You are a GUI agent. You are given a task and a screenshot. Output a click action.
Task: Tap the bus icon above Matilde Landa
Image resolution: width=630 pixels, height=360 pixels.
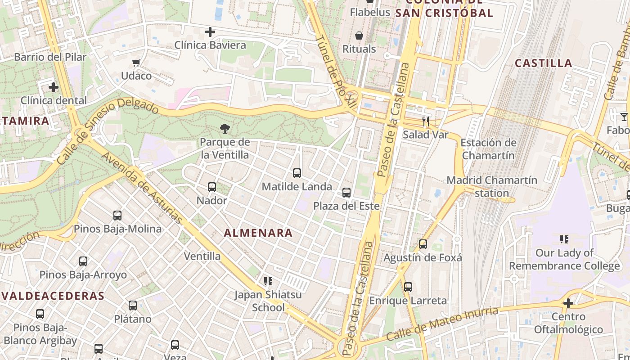click(297, 173)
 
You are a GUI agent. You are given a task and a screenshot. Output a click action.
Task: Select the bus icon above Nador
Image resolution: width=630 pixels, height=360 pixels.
click(212, 187)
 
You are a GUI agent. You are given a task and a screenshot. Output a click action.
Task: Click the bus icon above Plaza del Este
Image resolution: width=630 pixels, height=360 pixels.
click(346, 193)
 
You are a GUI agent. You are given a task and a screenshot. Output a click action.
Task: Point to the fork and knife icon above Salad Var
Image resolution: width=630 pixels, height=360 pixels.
click(425, 121)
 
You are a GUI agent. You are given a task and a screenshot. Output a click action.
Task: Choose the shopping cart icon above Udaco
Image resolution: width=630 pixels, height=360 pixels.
click(136, 63)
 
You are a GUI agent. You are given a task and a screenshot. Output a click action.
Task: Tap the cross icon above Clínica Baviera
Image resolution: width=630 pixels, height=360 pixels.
click(210, 32)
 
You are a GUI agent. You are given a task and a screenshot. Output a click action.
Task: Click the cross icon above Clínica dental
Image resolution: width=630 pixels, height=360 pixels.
click(54, 87)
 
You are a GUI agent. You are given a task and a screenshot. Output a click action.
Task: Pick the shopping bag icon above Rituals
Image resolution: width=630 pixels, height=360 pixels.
click(359, 35)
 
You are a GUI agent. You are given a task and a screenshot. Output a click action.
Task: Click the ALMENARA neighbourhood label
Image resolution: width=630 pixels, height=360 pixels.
click(258, 233)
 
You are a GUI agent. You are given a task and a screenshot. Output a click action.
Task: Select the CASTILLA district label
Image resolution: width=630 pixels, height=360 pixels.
click(543, 63)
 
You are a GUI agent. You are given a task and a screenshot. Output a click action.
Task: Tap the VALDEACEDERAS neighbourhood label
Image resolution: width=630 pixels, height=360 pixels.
click(53, 296)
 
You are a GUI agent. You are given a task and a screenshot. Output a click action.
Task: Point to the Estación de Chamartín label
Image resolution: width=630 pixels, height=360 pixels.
click(488, 149)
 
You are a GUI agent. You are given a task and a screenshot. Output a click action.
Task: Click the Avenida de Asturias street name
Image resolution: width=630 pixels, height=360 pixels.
click(142, 188)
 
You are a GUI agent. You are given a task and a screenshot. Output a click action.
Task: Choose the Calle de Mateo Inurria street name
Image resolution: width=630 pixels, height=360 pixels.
click(443, 324)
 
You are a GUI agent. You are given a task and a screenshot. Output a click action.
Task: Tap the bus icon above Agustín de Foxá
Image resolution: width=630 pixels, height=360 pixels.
click(423, 244)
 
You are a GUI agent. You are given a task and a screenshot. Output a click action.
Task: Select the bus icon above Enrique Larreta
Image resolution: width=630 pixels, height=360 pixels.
click(408, 287)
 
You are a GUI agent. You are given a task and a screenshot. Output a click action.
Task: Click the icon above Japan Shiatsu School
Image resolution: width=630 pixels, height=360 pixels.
click(268, 282)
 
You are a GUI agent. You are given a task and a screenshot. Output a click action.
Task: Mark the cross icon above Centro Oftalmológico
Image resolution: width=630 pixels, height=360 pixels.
click(568, 303)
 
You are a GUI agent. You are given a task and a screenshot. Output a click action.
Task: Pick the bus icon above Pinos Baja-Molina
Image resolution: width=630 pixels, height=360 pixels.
click(117, 216)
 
